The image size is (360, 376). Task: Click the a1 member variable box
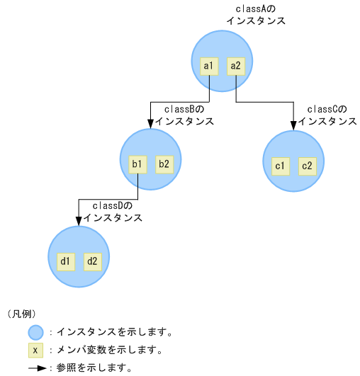coord(208,67)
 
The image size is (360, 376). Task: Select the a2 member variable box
coord(235,67)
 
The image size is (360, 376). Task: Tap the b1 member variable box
coord(137,164)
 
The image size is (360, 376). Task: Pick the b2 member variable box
coord(164,164)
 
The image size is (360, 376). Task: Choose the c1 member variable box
coord(280,166)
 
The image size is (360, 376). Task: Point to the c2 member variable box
coord(307,166)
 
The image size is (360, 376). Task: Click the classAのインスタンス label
coord(256,15)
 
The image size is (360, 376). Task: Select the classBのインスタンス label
coord(184,115)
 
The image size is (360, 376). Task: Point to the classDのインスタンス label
coord(113,212)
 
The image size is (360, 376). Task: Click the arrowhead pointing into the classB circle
coord(151,125)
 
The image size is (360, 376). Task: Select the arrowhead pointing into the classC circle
coord(293,126)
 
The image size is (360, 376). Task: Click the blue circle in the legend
coord(35,331)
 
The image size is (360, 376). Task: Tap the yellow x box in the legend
coord(35,350)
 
